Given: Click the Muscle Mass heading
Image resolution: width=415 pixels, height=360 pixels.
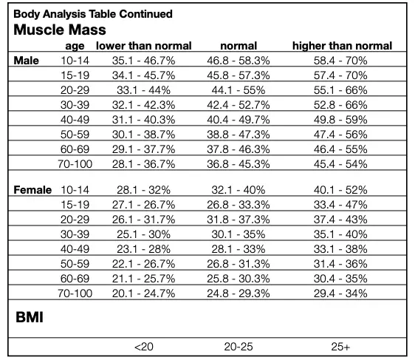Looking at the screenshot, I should point(60,30).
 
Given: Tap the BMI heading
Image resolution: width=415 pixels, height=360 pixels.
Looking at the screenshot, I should point(28,317).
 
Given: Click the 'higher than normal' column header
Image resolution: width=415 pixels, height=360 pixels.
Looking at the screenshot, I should point(342,46).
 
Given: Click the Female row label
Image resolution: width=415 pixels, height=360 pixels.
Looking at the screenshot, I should point(32,190).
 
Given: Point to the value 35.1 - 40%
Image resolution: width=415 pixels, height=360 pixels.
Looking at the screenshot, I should point(340,234).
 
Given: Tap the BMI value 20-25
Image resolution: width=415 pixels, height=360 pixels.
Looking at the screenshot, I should point(238,346).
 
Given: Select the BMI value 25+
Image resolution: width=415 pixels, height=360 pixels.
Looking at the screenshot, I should point(340,346).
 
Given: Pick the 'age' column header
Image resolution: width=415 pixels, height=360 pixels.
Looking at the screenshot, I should point(75,46).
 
